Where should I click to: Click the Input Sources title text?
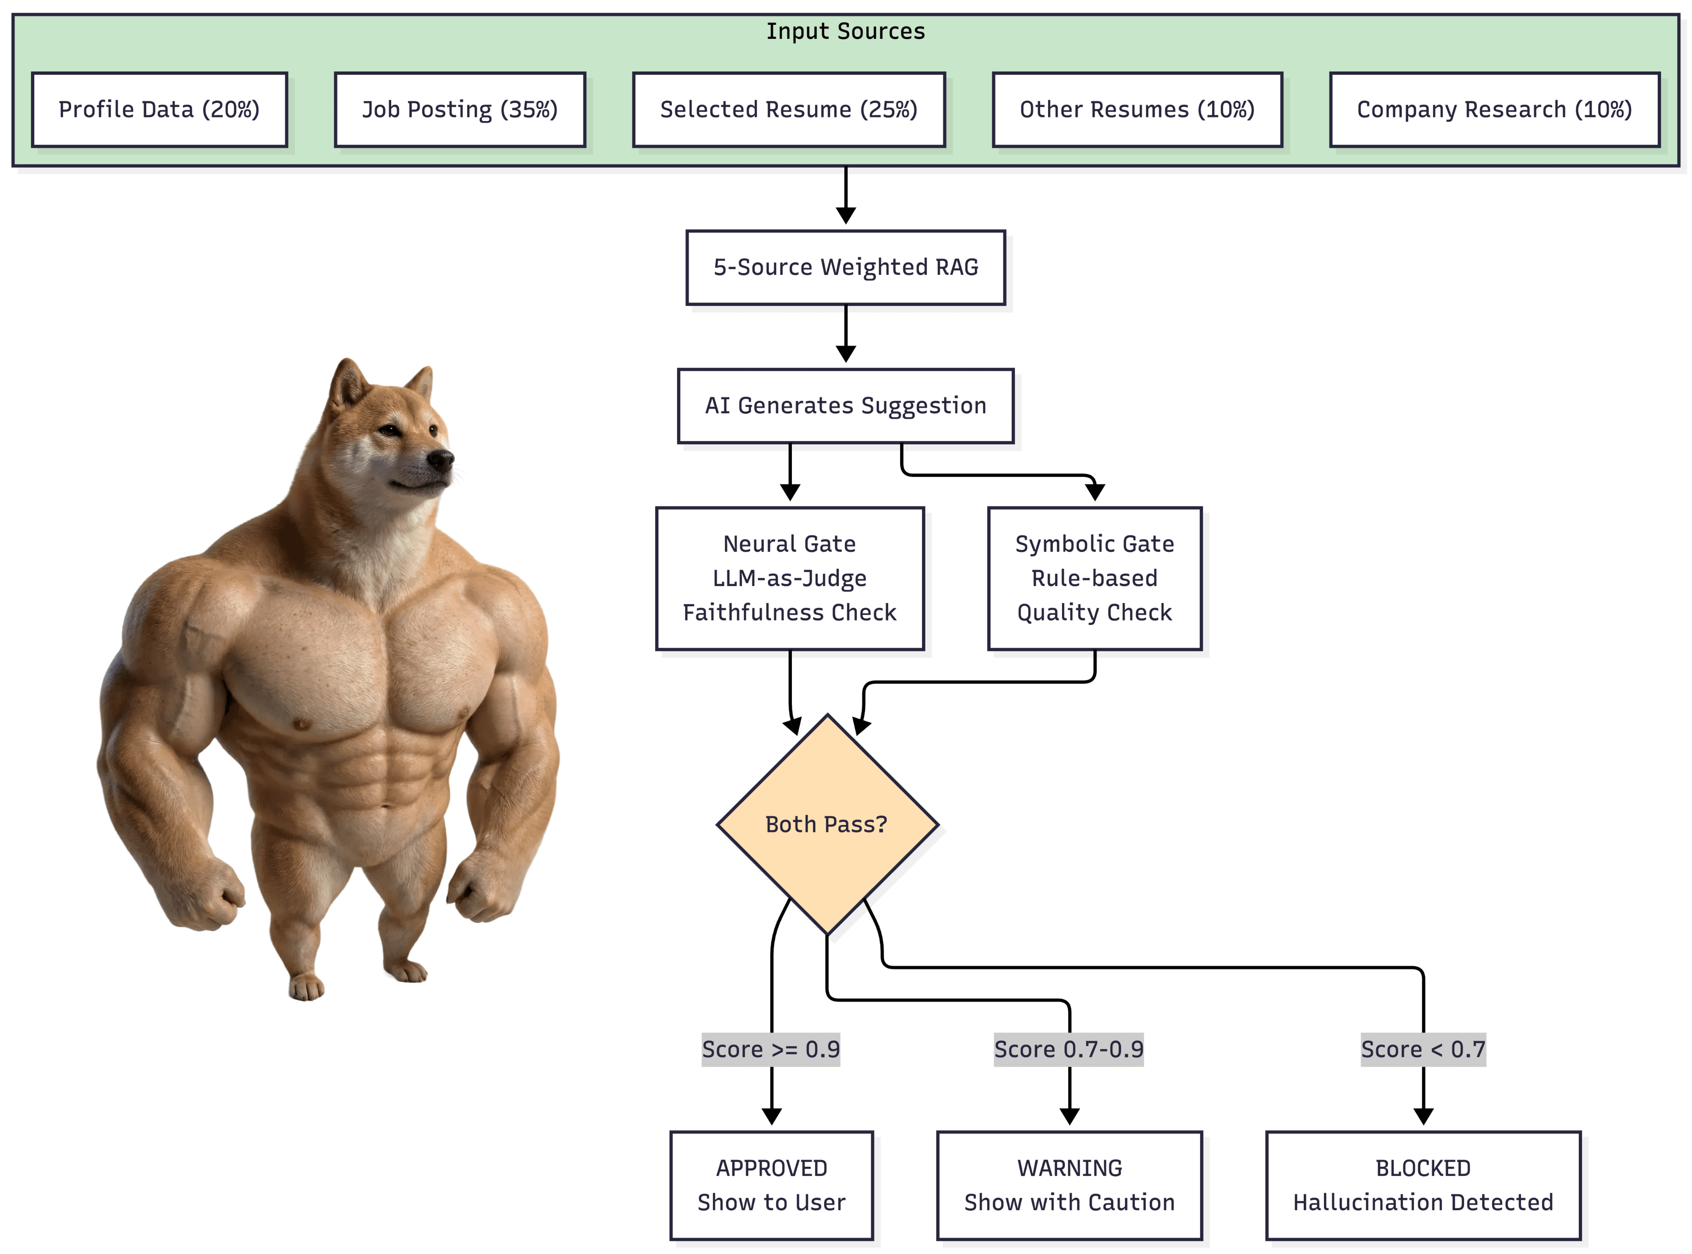845,31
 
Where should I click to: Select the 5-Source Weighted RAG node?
845,267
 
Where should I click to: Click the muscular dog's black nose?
441,458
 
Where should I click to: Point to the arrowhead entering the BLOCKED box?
1423,1116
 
